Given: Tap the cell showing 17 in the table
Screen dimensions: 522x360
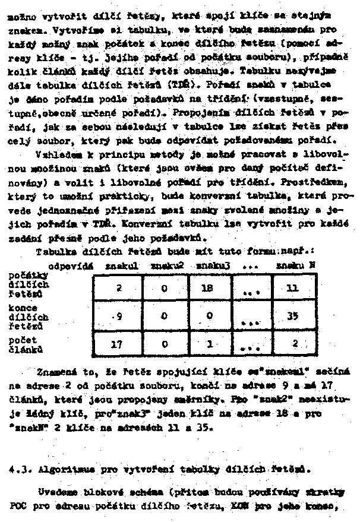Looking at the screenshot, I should [x=118, y=343].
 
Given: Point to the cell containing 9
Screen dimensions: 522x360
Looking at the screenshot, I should [x=118, y=316].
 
